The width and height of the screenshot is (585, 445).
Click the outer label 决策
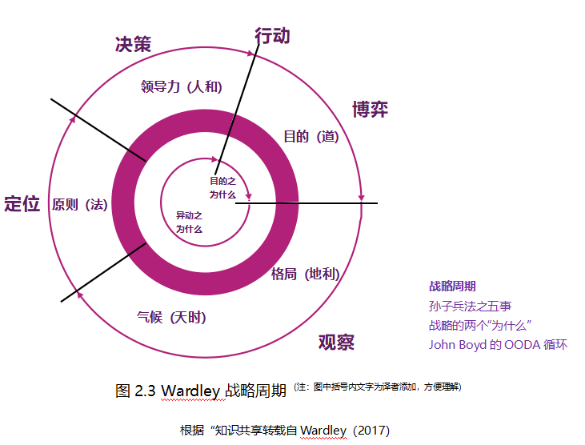(133, 45)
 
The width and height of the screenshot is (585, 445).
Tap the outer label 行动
(272, 36)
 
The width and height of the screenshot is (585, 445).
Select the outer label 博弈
(370, 110)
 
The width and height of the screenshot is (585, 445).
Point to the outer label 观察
(336, 343)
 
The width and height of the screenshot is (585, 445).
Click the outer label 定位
(22, 203)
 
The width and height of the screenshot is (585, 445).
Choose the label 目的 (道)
(311, 137)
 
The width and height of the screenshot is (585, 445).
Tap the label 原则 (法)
(80, 204)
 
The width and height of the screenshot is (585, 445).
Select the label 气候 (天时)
(171, 317)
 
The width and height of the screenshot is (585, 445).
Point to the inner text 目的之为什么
(223, 187)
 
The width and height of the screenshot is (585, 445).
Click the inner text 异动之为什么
(190, 222)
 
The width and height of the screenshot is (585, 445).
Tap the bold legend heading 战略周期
(453, 286)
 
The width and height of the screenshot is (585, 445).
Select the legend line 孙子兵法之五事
(471, 305)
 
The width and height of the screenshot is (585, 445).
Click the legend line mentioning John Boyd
(499, 344)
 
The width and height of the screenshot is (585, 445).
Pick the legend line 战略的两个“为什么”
(481, 325)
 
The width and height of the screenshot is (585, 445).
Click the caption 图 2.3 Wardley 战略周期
(201, 391)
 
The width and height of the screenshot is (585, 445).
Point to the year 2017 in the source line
(371, 431)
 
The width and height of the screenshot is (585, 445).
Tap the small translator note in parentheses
(378, 387)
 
